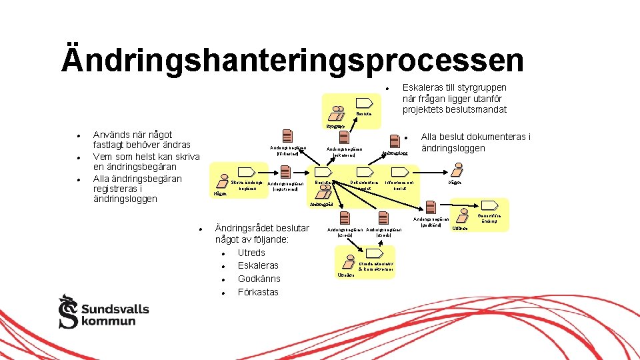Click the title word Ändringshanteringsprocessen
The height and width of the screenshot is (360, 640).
292,59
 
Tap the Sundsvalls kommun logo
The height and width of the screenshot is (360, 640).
103,311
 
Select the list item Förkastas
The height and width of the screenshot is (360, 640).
258,292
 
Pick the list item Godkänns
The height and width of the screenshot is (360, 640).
259,279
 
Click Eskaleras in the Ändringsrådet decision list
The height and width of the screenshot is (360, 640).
257,265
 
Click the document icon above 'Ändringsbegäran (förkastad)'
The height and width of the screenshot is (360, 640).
287,135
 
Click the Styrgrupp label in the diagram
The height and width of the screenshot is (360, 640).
335,125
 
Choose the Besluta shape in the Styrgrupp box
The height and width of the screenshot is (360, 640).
364,103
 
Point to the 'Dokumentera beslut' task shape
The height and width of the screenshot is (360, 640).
365,171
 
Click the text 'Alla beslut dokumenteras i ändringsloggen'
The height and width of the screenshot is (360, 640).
475,142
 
